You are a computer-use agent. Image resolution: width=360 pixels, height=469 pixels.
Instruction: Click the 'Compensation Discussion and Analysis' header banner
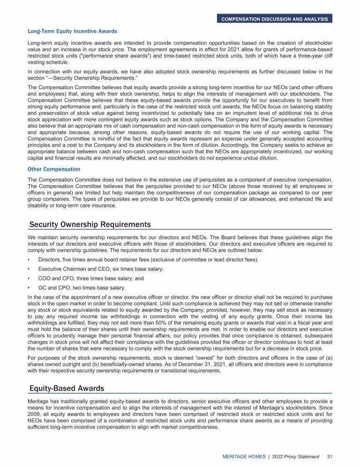(274, 19)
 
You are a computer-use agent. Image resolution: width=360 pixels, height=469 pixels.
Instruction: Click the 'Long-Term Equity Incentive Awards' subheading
(73, 31)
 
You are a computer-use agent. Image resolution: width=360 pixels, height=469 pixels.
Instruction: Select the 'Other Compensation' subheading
(54, 169)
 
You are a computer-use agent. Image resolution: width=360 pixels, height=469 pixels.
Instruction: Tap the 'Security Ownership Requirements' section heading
(90, 224)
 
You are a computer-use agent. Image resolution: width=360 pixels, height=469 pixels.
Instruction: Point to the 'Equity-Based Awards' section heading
(67, 388)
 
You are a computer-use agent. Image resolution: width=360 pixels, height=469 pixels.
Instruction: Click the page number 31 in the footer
(329, 456)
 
